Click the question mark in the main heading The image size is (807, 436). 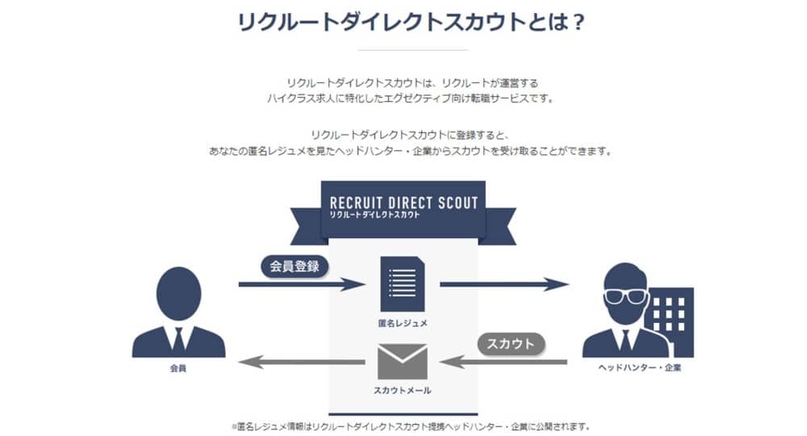pyautogui.click(x=577, y=22)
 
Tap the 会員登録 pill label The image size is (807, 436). pyautogui.click(x=295, y=266)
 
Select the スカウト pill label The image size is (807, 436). pyautogui.click(x=512, y=343)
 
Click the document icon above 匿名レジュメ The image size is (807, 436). pyautogui.click(x=402, y=283)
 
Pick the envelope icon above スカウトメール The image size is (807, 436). pyautogui.click(x=403, y=360)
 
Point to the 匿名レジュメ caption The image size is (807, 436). pyautogui.click(x=403, y=323)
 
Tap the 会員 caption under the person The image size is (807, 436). pyautogui.click(x=178, y=369)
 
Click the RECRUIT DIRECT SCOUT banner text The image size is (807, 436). pyautogui.click(x=403, y=203)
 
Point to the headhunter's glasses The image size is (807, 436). pyautogui.click(x=625, y=296)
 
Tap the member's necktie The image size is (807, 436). pyautogui.click(x=178, y=339)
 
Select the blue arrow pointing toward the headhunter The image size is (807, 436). pyautogui.click(x=504, y=283)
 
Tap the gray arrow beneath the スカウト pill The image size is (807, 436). pyautogui.click(x=504, y=361)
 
